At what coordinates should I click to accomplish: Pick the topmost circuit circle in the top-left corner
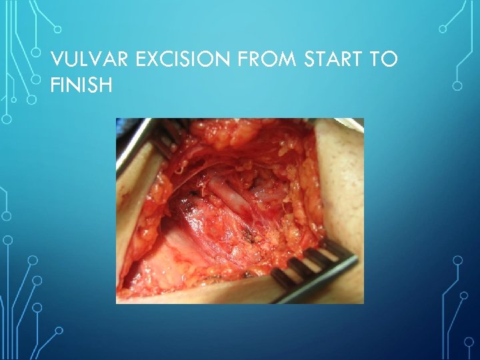[57, 29]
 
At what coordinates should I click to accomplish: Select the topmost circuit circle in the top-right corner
[442, 29]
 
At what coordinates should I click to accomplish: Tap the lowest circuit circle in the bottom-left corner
[59, 330]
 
